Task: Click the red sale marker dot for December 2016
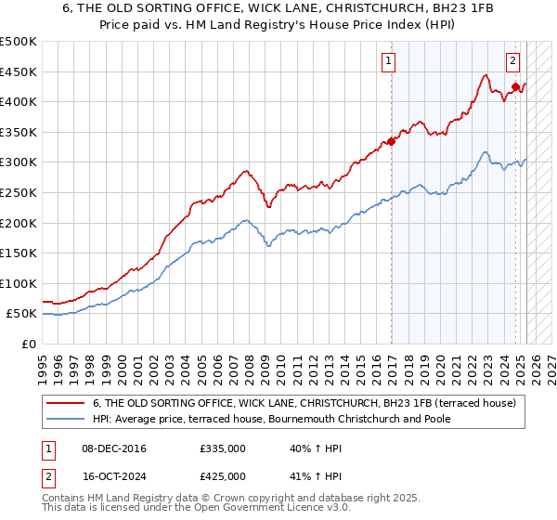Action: click(392, 142)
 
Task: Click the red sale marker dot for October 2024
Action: click(516, 87)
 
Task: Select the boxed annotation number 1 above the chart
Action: click(387, 63)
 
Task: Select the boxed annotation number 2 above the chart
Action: click(512, 63)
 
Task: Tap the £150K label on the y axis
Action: click(19, 253)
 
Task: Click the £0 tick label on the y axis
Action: click(28, 344)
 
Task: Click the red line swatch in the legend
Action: click(65, 402)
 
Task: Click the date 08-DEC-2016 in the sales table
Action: click(114, 448)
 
